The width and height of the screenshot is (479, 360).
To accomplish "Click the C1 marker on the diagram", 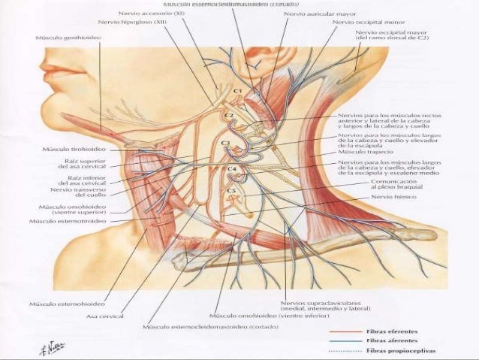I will click(236, 91).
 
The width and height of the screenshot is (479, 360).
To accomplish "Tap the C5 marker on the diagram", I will click(231, 191).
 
